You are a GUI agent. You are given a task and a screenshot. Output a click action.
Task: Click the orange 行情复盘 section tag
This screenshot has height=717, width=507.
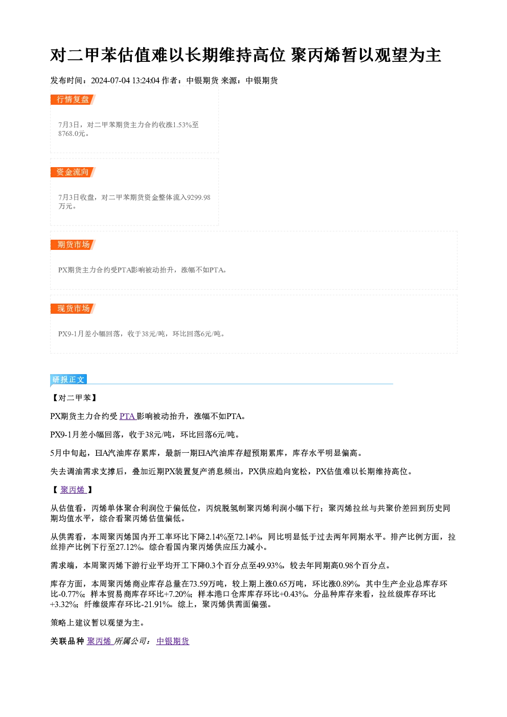pos(73,100)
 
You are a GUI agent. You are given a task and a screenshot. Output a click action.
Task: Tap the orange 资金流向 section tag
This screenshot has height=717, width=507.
pos(73,172)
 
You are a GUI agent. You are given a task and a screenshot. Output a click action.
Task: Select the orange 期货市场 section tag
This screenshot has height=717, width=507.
pos(73,245)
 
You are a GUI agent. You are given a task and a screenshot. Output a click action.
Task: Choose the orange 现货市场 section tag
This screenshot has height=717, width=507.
pos(73,309)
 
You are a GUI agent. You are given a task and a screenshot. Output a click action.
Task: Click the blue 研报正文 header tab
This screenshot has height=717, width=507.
pos(68,380)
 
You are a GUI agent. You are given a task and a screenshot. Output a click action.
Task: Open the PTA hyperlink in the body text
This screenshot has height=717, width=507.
pos(128,417)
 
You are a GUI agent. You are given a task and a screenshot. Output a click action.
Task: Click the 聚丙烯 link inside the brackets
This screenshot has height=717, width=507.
pos(73,490)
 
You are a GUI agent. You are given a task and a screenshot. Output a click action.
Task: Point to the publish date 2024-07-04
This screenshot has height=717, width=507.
pos(110,81)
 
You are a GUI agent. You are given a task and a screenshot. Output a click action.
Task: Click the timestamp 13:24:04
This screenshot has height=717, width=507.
pos(146,81)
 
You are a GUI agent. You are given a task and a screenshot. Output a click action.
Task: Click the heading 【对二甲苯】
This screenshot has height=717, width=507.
pos(75,398)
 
